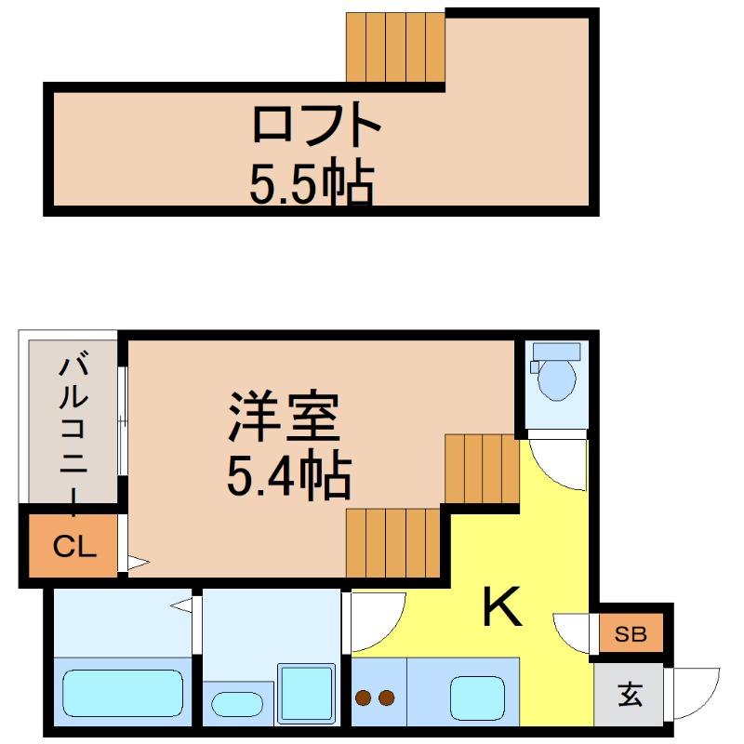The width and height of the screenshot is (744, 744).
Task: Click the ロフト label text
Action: click(316, 124)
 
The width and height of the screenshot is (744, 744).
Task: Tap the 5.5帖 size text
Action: click(312, 180)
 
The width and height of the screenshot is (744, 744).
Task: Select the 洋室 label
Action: click(284, 417)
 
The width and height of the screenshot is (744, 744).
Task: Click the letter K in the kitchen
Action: click(502, 607)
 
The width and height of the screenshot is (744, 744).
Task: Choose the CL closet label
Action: click(74, 547)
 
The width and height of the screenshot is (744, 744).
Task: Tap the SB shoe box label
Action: click(631, 634)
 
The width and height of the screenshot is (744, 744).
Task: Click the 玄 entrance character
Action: click(631, 695)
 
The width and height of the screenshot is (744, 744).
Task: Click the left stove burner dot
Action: click(364, 697)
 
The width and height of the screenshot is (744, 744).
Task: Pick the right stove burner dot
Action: click(386, 697)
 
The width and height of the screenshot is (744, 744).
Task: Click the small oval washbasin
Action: click(237, 704)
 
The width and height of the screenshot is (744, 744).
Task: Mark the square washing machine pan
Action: click(307, 694)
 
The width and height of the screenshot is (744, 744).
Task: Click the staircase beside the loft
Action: click(395, 47)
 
